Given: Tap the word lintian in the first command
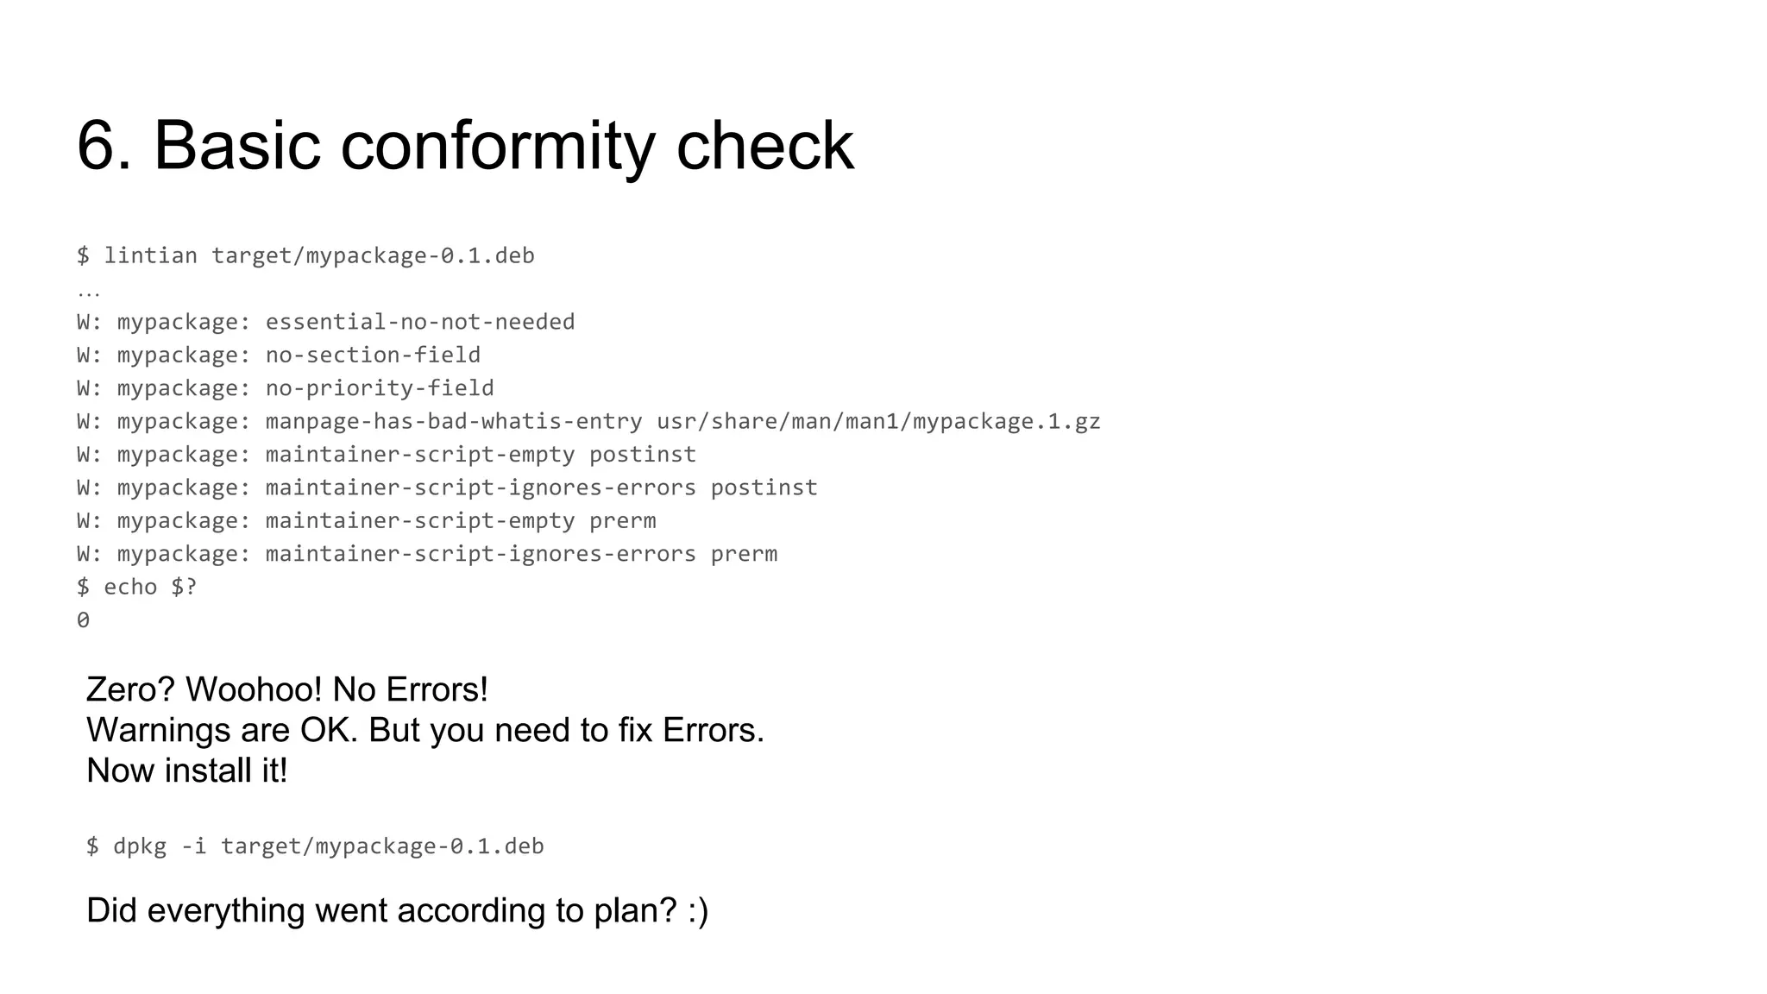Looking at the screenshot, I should click(x=150, y=255).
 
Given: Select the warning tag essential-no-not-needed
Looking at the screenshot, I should click(x=419, y=322).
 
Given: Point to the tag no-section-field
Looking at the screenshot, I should click(x=373, y=355).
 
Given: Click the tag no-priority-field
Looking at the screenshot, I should click(x=380, y=388).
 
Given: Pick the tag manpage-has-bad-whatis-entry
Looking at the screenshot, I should click(x=454, y=421).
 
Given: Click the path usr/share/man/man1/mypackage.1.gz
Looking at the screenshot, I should click(x=878, y=421).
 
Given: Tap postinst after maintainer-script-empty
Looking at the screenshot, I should click(x=643, y=455).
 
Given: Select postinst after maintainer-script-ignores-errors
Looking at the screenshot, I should click(x=764, y=488).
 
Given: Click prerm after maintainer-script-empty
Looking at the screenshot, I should click(x=622, y=521).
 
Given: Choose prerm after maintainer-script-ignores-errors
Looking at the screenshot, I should click(x=744, y=554).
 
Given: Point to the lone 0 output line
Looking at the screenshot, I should click(x=83, y=620).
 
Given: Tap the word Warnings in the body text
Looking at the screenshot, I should click(x=158, y=730).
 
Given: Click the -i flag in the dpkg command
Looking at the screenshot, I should click(x=193, y=846).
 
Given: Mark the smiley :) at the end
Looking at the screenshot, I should click(x=698, y=911).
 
